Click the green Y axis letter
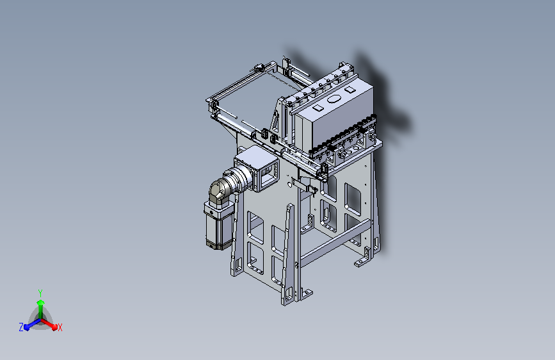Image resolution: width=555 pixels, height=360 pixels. click(x=40, y=293)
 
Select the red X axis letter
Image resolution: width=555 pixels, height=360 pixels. click(x=60, y=327)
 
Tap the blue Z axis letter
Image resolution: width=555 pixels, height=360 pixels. click(x=21, y=327)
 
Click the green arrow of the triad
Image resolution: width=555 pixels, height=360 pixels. click(x=41, y=309)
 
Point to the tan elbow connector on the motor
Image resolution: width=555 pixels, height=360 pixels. click(x=219, y=192)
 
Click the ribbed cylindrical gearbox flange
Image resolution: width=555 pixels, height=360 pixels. click(x=239, y=179)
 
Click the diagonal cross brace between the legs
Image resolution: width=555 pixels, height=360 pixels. click(x=335, y=243)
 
